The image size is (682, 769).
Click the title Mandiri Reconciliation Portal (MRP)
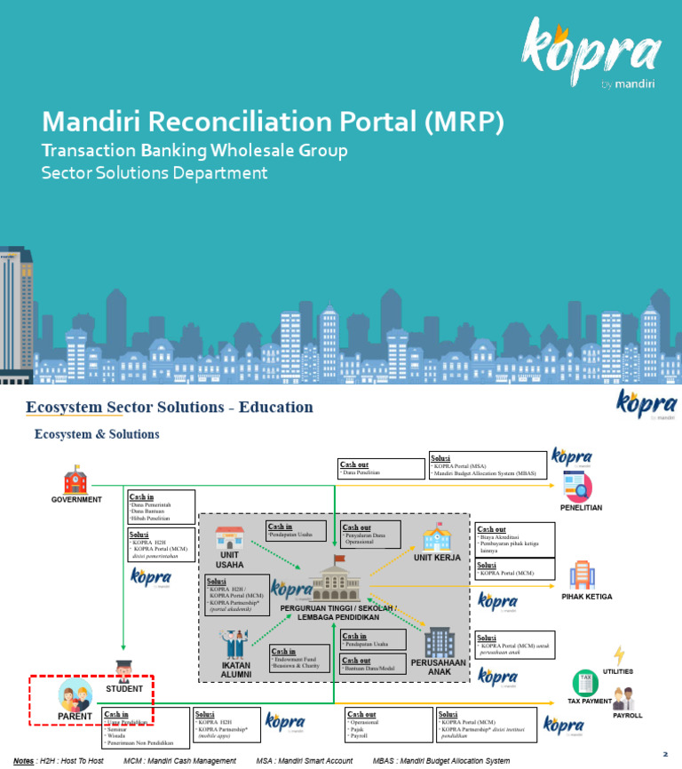click(274, 121)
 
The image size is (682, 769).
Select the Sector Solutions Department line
click(155, 172)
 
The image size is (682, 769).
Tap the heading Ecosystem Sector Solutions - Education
click(170, 408)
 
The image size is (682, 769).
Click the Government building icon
click(75, 482)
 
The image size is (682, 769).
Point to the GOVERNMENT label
click(76, 500)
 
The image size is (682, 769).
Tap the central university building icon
click(337, 582)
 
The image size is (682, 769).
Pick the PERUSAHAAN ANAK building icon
click(439, 642)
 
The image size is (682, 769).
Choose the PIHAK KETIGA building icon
click(582, 575)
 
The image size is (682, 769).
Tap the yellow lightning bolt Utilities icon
click(619, 656)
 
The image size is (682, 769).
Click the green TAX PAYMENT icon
click(585, 682)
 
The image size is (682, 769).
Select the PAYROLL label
click(627, 715)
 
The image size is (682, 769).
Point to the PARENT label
click(75, 716)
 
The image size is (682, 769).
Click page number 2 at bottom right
click(664, 754)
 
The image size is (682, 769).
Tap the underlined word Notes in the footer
click(24, 761)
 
